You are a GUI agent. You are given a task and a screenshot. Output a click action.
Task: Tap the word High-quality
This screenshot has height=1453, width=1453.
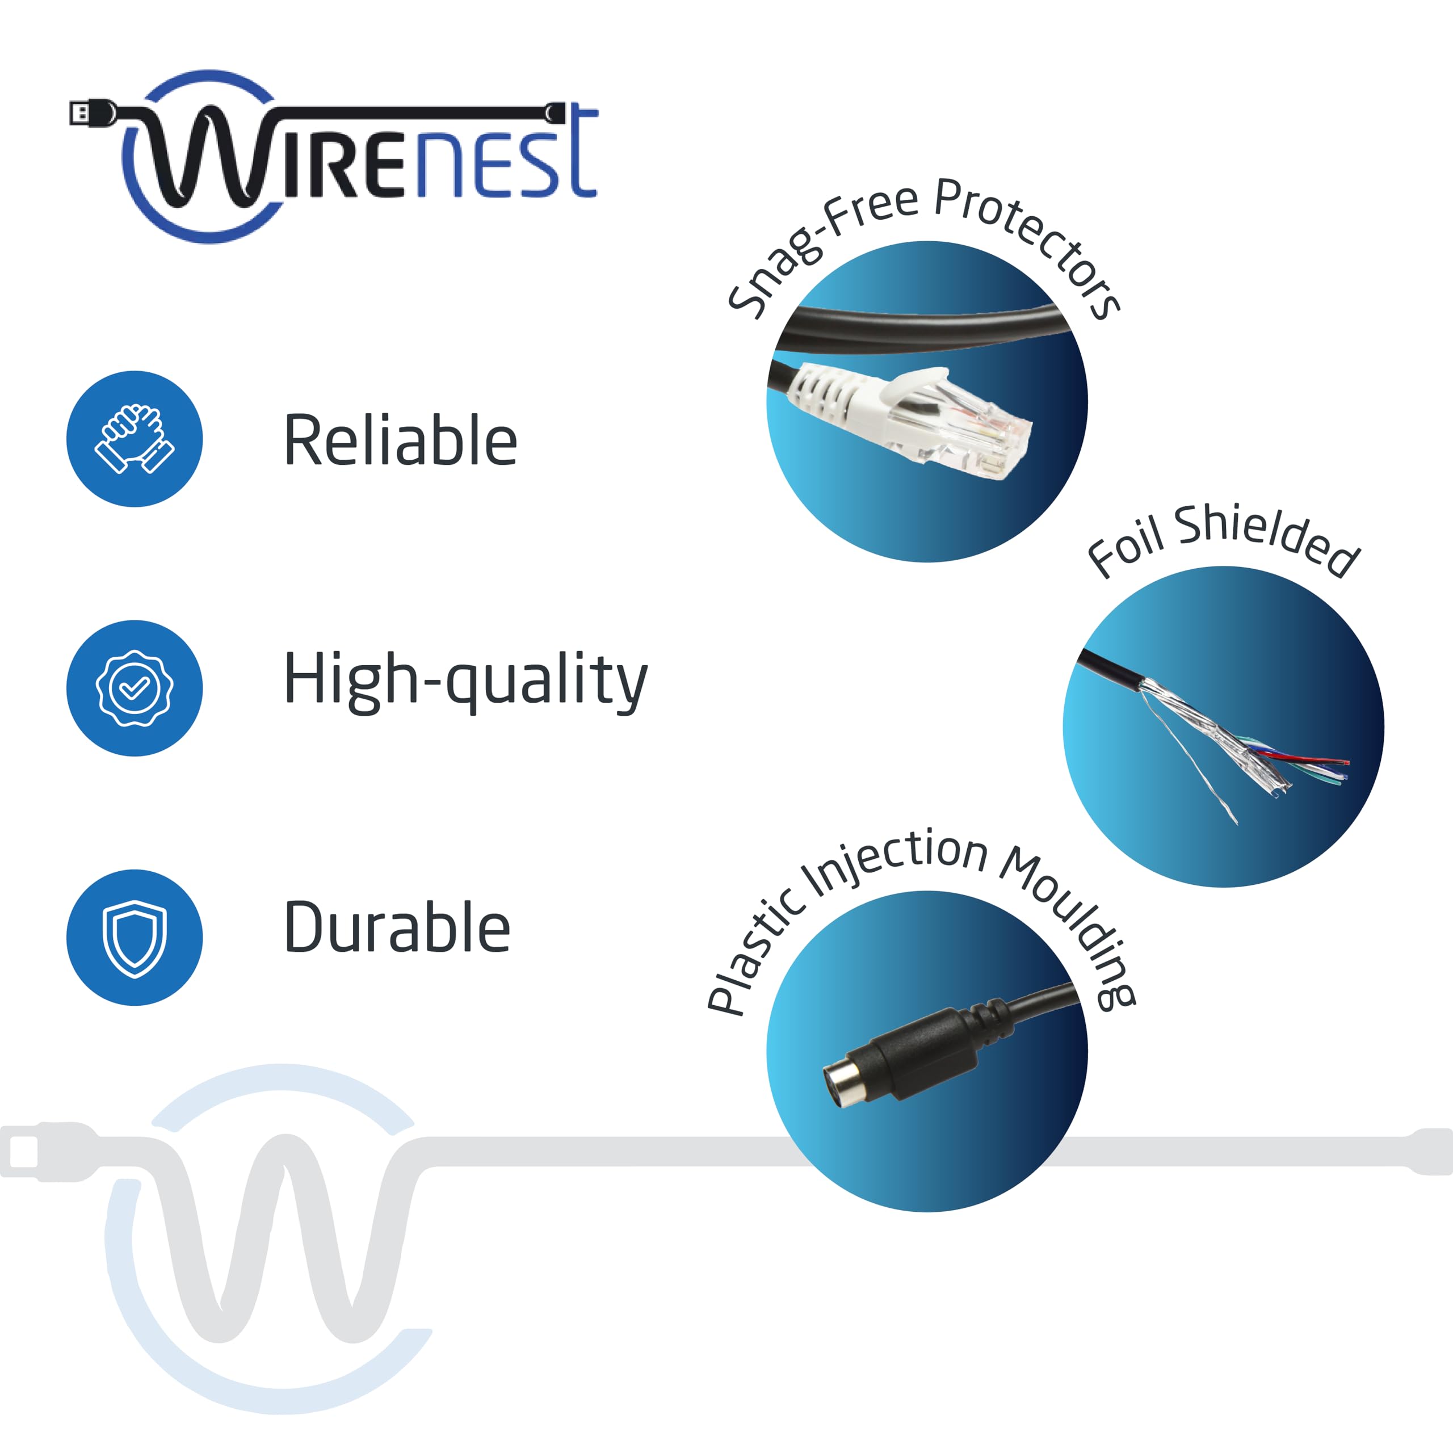(x=465, y=680)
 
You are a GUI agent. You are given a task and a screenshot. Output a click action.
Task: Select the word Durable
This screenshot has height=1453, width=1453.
(x=397, y=927)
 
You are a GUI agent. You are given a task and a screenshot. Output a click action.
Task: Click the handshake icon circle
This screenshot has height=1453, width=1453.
(x=135, y=439)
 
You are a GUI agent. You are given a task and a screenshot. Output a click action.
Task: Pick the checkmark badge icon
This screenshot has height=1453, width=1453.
(x=135, y=688)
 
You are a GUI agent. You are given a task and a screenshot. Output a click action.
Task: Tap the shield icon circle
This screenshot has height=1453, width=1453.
(x=135, y=937)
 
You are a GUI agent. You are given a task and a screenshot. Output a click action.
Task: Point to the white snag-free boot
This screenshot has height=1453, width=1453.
(x=835, y=391)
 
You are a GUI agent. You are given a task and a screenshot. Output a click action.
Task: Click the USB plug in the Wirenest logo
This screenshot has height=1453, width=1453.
(x=90, y=113)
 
